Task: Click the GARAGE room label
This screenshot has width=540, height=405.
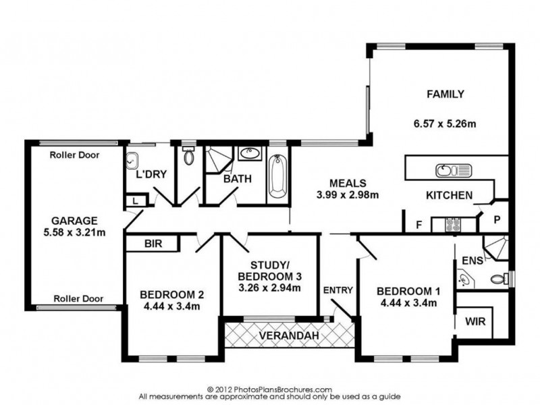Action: pyautogui.click(x=74, y=221)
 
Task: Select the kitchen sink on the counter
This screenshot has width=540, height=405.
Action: pyautogui.click(x=454, y=171)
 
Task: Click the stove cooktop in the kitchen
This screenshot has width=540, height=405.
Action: pyautogui.click(x=453, y=225)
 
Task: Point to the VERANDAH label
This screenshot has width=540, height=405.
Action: pyautogui.click(x=289, y=335)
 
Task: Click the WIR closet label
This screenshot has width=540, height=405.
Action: pyautogui.click(x=475, y=321)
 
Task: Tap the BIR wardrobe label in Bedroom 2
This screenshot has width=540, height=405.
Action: pyautogui.click(x=153, y=244)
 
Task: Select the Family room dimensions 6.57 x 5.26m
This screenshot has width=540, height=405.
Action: pyautogui.click(x=445, y=124)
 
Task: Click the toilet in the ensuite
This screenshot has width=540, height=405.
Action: pyautogui.click(x=499, y=278)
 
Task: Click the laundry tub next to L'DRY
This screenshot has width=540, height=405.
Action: pyautogui.click(x=132, y=161)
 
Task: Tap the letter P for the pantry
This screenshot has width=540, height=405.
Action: pyautogui.click(x=497, y=220)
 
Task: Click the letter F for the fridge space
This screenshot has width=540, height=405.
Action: pyautogui.click(x=418, y=225)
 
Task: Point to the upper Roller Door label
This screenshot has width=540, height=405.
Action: pyautogui.click(x=74, y=155)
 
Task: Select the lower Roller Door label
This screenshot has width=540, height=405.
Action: pyautogui.click(x=78, y=298)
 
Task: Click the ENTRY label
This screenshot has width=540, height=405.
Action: pyautogui.click(x=338, y=290)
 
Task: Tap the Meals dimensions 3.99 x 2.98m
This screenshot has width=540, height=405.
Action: pyautogui.click(x=348, y=195)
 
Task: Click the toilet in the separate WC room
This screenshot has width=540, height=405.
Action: pyautogui.click(x=188, y=156)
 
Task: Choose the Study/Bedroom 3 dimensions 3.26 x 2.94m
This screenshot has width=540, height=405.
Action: pyautogui.click(x=269, y=288)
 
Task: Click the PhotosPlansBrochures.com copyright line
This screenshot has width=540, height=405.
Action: pyautogui.click(x=269, y=390)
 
